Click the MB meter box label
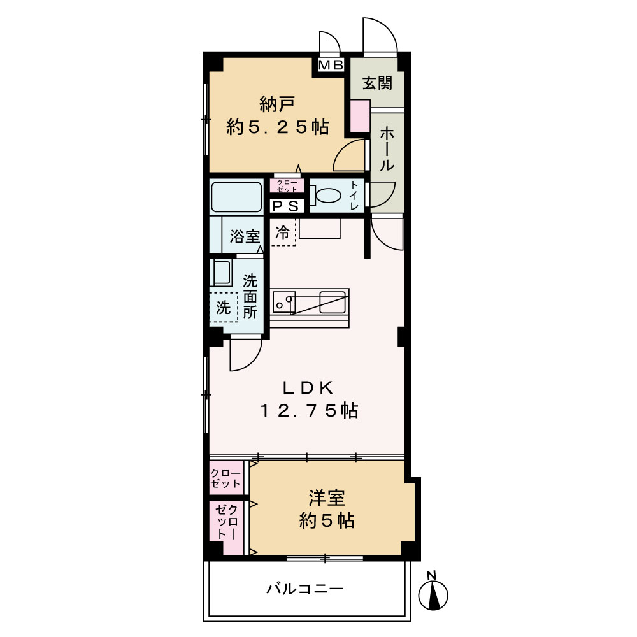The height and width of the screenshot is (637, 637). coord(331,65)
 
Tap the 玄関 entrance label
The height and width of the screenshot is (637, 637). coord(377,83)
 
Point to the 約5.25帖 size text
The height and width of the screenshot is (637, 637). coord(278,127)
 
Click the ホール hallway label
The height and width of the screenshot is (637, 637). coord(387,148)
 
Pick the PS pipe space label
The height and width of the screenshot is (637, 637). coord(285,206)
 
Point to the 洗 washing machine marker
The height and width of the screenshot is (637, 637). coord(223,308)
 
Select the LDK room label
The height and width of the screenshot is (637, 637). coord(308,388)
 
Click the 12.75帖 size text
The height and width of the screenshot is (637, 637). coord(308,411)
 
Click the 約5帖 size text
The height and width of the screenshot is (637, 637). coord(327,521)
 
